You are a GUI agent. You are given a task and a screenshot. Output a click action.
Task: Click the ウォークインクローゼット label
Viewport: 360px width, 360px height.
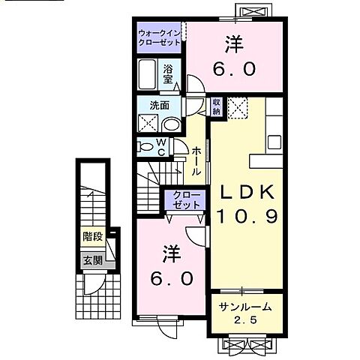[159, 38]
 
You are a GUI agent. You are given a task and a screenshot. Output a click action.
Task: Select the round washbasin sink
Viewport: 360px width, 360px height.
[171, 125]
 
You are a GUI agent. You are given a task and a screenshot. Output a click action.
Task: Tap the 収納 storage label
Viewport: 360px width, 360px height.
[216, 106]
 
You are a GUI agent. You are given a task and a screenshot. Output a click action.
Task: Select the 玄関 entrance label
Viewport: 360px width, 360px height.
[92, 261]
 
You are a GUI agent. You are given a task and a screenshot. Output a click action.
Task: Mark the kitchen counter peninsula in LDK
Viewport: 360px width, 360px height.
[267, 160]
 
